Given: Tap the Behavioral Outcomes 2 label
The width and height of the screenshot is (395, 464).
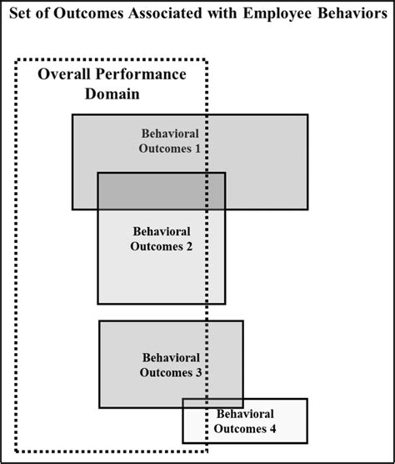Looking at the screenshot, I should [162, 238].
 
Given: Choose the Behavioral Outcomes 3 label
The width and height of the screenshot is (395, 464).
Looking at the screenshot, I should [171, 365].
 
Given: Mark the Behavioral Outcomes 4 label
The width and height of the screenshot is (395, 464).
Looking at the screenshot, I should [245, 421].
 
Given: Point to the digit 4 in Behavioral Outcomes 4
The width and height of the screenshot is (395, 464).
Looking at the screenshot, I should [272, 430].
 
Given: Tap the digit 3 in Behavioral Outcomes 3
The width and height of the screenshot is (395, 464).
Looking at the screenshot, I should [198, 373].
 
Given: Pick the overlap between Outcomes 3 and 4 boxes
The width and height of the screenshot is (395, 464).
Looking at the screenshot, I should [213, 402].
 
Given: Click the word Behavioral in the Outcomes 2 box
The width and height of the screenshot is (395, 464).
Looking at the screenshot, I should [162, 230].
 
